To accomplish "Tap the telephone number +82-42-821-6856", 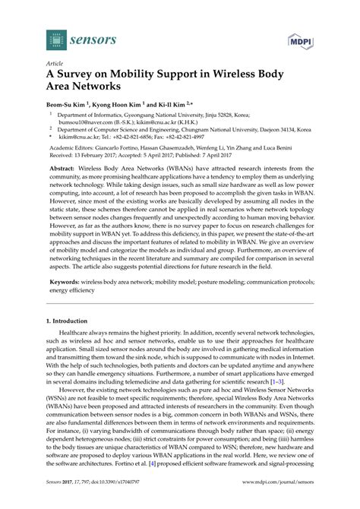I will pos(131,138).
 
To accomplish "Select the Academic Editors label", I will pos(73,151).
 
